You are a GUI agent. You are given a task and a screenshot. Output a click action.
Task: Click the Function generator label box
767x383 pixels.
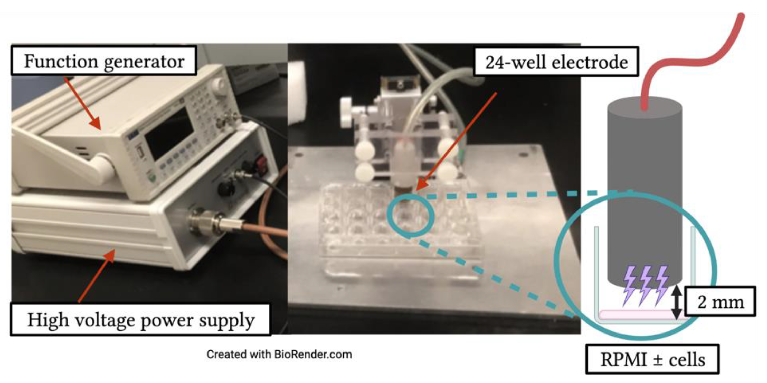click(x=104, y=61)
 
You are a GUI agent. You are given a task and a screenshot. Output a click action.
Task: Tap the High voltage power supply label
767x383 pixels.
click(x=140, y=320)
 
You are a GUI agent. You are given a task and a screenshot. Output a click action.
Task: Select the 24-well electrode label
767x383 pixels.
click(x=556, y=62)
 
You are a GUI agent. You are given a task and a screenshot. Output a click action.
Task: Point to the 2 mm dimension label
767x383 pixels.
click(x=720, y=301)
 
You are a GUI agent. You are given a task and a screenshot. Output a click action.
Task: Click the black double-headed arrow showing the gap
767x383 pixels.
click(x=676, y=301)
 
